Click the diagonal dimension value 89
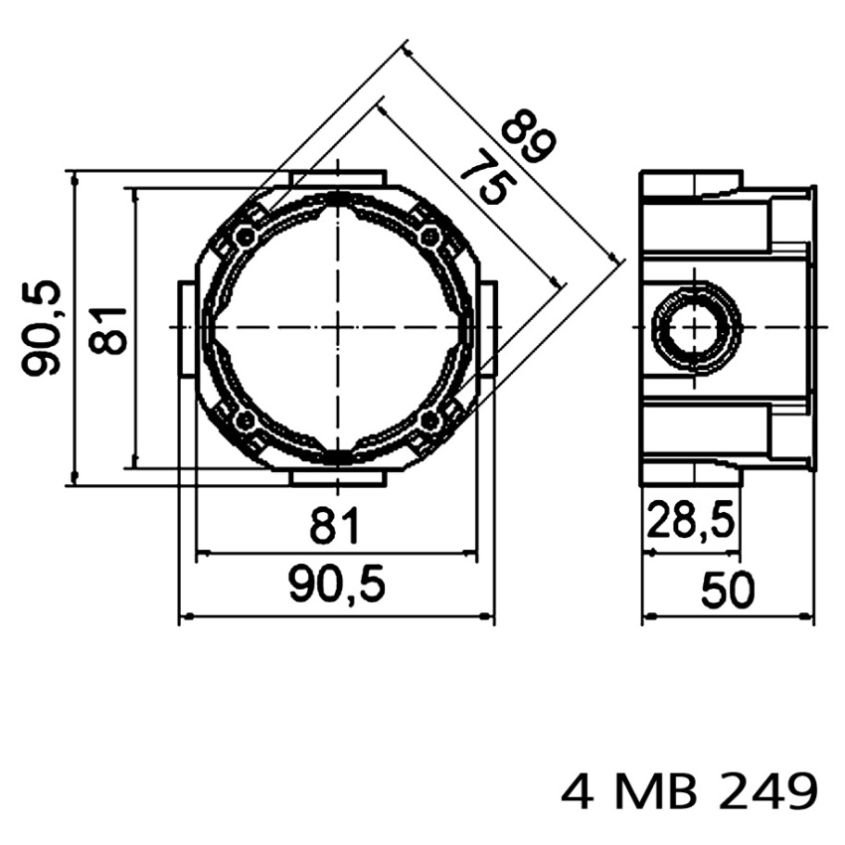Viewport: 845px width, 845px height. point(528,135)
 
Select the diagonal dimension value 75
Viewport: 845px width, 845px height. point(489,177)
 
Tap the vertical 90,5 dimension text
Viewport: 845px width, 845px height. point(41,328)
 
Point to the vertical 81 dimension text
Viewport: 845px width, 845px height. point(107,330)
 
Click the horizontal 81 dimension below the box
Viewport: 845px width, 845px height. point(334,524)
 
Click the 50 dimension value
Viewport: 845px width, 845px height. point(728,590)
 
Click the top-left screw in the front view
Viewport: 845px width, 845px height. point(246,236)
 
